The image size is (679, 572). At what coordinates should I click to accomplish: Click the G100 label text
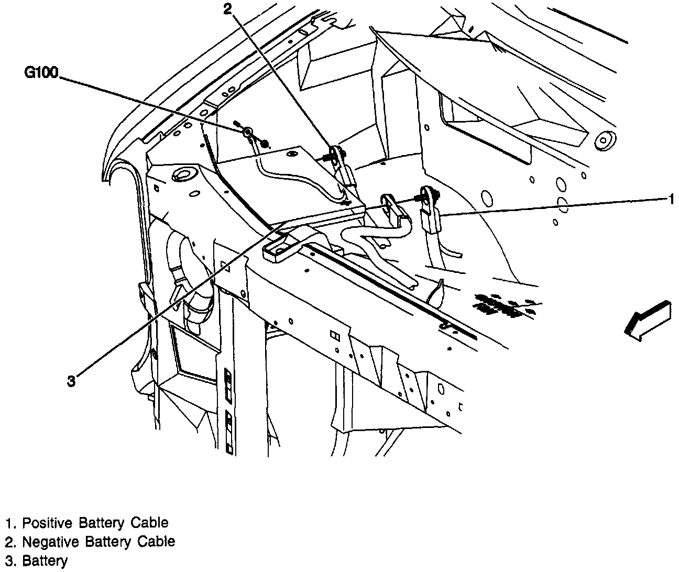tap(42, 73)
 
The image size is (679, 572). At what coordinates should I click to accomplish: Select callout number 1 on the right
tap(670, 199)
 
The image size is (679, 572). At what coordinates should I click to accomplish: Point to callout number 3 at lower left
tap(71, 381)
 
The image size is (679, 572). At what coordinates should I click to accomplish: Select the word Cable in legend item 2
tap(156, 541)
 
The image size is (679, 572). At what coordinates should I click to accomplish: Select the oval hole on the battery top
tap(291, 153)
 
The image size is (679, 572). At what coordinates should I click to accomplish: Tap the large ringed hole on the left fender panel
tap(184, 174)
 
